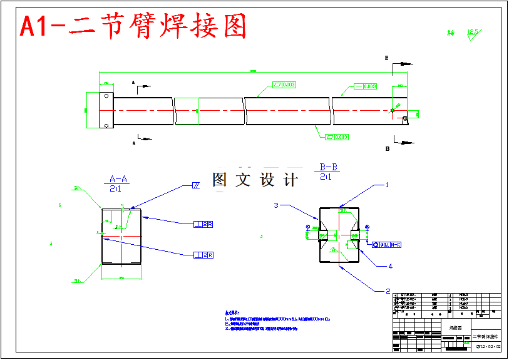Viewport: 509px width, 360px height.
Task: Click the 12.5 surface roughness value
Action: pos(473,31)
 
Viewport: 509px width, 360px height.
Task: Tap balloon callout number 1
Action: pos(387,185)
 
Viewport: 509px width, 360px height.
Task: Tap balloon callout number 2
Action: pos(387,291)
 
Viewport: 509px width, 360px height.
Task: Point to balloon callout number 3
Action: pos(275,205)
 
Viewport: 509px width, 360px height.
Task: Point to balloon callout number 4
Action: pos(389,266)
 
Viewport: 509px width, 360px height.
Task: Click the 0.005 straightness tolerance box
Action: pos(366,86)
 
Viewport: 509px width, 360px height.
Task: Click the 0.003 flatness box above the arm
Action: pos(284,85)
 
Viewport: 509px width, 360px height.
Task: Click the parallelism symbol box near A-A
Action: pos(195,186)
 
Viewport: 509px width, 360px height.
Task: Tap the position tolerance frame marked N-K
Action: pos(387,244)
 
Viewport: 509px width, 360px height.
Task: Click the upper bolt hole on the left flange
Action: pos(106,96)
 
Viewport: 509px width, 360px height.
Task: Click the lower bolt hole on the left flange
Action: pos(106,126)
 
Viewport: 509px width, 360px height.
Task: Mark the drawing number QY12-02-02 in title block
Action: pos(488,346)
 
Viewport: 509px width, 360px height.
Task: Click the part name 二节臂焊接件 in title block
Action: pos(486,337)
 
